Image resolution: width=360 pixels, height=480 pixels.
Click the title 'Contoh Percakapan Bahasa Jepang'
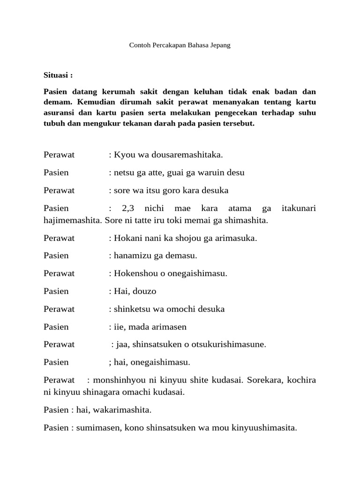click(180, 46)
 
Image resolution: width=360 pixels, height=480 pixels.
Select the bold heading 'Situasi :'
click(58, 75)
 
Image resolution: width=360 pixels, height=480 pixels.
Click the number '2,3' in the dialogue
click(128, 208)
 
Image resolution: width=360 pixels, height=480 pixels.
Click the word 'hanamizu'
click(130, 255)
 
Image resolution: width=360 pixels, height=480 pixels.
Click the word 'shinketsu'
click(130, 309)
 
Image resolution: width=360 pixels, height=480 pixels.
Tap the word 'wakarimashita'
click(122, 410)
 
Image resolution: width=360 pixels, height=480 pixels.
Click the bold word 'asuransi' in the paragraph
click(58, 113)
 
